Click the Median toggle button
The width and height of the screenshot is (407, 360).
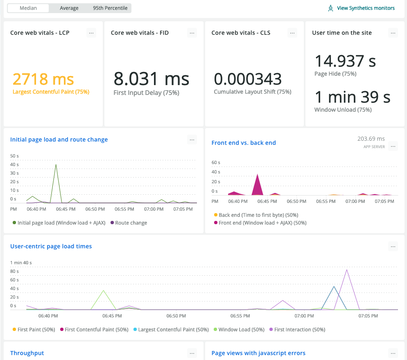[28, 8]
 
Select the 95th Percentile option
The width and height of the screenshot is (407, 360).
[110, 8]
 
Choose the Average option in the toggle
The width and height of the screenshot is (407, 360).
[69, 8]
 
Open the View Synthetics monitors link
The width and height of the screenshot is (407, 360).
[365, 8]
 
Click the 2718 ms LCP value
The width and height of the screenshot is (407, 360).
[43, 79]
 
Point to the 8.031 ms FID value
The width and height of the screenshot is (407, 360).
[151, 79]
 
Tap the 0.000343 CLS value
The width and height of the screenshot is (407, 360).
[248, 79]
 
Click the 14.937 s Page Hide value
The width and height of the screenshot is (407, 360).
[345, 61]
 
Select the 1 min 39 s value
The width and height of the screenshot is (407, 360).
[352, 97]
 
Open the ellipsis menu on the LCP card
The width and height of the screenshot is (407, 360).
[91, 33]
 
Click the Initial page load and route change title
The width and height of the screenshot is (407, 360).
[59, 139]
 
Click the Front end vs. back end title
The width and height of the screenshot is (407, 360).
[244, 143]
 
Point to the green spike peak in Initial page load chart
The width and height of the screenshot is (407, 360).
[56, 164]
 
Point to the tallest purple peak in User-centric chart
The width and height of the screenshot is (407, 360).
[347, 270]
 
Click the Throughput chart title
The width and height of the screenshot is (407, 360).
[27, 353]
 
